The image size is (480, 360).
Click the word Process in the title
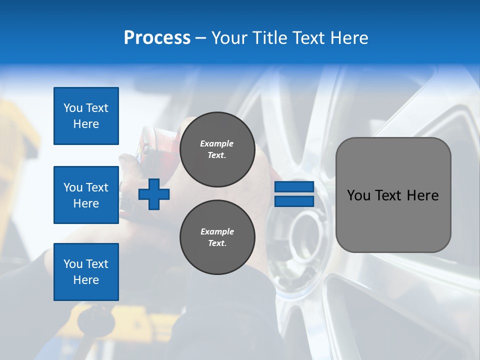[x=157, y=38]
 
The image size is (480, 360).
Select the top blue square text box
[x=86, y=116]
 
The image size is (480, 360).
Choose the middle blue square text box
[x=86, y=195]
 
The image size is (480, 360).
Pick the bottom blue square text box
[x=86, y=272]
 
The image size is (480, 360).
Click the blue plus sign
[x=154, y=194]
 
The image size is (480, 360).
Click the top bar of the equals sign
[x=294, y=187]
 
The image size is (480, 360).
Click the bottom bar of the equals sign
[x=294, y=201]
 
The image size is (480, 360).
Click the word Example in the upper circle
[x=216, y=143]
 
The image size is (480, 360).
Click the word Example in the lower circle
[x=216, y=231]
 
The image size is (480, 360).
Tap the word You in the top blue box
[x=72, y=108]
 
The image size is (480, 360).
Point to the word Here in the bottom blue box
[x=86, y=280]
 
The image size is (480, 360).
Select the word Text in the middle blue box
[x=97, y=187]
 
